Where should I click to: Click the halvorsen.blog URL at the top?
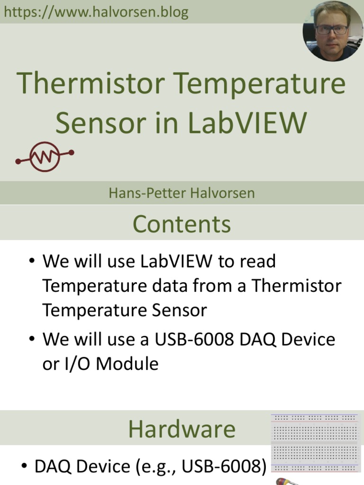[x=96, y=12]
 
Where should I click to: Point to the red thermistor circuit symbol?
[x=45, y=156]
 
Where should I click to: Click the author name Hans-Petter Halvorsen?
[x=182, y=193]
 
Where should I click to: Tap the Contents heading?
[x=182, y=224]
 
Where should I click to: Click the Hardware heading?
[x=182, y=429]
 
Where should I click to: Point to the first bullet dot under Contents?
[x=32, y=261]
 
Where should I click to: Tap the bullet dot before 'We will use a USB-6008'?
[x=32, y=340]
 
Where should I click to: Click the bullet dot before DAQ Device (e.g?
[x=24, y=467]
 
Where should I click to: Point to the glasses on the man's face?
[x=332, y=29]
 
